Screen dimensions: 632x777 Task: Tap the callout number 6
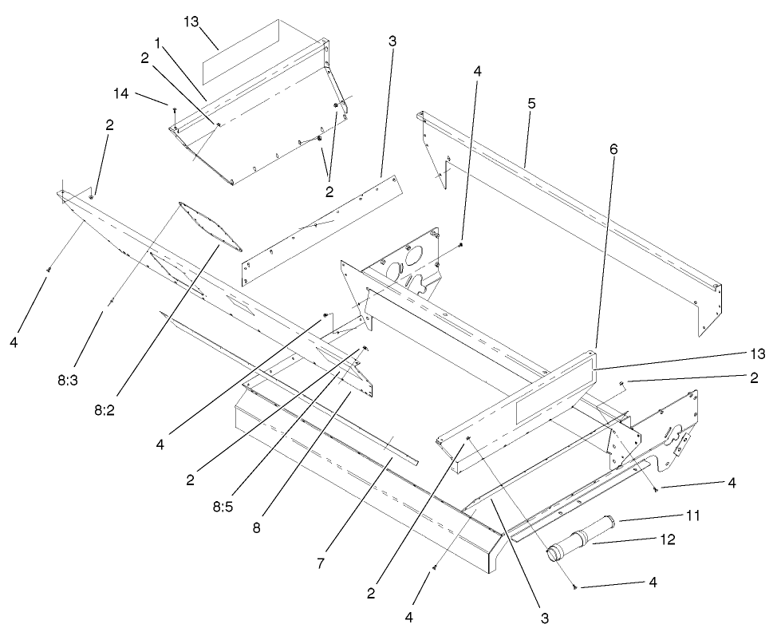pyautogui.click(x=613, y=148)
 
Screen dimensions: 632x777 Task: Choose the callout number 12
pyautogui.click(x=666, y=539)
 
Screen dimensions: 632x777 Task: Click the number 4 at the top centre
pyautogui.click(x=477, y=70)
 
